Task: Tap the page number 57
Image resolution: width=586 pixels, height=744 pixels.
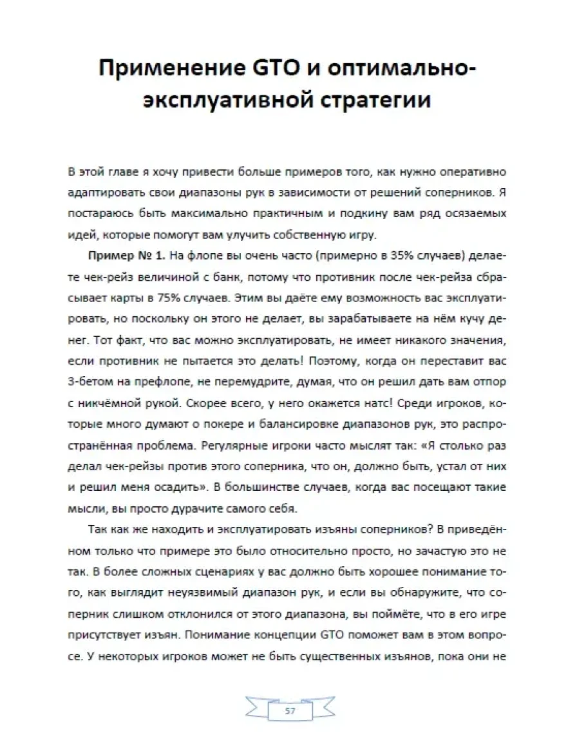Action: (x=290, y=711)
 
